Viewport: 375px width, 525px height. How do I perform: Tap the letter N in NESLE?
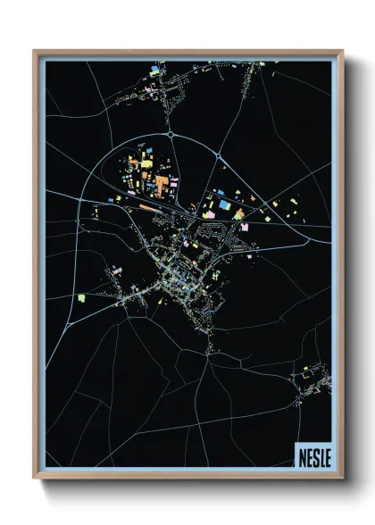(x=301, y=454)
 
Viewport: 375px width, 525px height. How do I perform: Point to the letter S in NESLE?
(x=314, y=454)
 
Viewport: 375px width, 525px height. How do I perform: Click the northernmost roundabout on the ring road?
(x=170, y=134)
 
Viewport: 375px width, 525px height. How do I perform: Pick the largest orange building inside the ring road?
(x=162, y=184)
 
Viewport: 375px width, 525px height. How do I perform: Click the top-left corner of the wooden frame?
(x=35, y=50)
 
